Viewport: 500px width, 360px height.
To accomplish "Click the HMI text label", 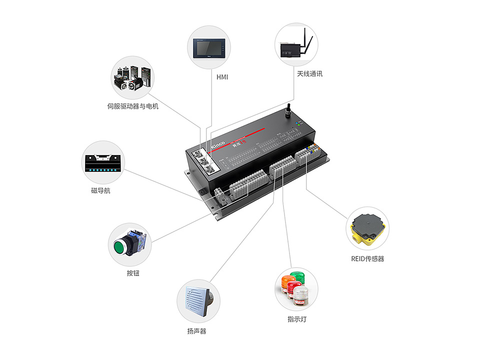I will (222, 77).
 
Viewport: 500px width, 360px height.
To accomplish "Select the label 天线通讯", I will (310, 73).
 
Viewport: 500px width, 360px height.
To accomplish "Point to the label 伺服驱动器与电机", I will (132, 106).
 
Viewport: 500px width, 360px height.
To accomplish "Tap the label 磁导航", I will (100, 190).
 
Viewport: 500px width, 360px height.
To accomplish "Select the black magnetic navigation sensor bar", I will (103, 163).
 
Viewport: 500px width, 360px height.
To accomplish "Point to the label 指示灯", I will (297, 319).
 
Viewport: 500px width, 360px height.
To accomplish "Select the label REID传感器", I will (367, 258).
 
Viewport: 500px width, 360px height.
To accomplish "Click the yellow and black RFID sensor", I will (368, 228).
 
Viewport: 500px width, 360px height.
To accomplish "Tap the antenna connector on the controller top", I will (288, 110).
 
